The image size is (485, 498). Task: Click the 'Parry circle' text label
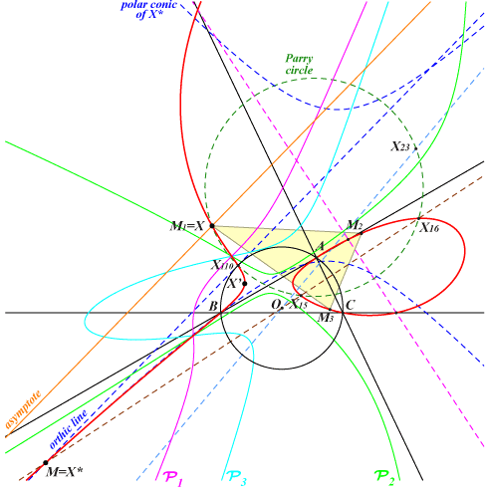(x=299, y=64)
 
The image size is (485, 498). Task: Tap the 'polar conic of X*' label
(x=148, y=9)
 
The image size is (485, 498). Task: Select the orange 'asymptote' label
(x=23, y=409)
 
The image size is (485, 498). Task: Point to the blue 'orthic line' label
(x=69, y=429)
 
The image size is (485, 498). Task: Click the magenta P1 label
(x=173, y=479)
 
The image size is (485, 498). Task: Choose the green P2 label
(x=384, y=478)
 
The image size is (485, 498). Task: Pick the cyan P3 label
(x=237, y=479)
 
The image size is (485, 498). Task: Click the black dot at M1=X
(x=212, y=226)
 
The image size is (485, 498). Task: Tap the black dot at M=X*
(x=46, y=462)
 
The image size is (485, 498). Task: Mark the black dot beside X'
(x=245, y=284)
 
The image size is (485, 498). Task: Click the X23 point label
(x=400, y=146)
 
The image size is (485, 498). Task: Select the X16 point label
(x=429, y=228)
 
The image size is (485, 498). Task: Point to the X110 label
(x=222, y=265)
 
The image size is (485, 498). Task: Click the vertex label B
(x=213, y=306)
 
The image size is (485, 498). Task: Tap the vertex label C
(x=351, y=305)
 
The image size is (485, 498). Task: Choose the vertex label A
(x=321, y=246)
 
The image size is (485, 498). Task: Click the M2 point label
(x=355, y=225)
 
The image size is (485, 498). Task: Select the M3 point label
(x=325, y=318)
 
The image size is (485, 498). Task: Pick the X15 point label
(x=299, y=304)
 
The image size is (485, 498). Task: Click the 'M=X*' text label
(x=64, y=472)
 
